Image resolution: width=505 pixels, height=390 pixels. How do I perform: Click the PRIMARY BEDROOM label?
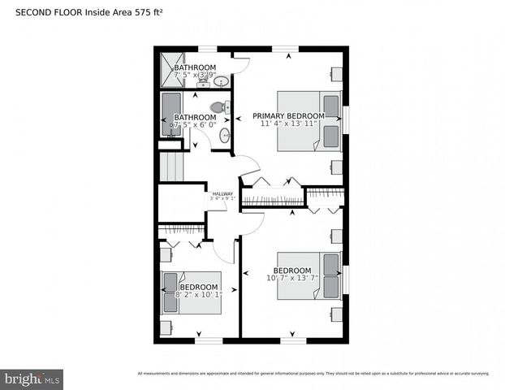(x=287, y=116)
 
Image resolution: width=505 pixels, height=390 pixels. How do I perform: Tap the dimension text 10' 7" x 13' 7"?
(x=291, y=279)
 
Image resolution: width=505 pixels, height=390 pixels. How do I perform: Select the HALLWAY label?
(x=222, y=193)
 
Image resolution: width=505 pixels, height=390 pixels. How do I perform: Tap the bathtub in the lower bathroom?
(x=171, y=113)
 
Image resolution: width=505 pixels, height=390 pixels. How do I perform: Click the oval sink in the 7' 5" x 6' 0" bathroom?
(x=224, y=136)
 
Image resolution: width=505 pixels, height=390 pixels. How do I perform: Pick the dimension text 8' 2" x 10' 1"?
(x=198, y=296)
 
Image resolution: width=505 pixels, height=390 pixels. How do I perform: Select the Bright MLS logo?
(x=32, y=379)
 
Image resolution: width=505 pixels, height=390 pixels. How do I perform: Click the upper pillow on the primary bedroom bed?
(x=331, y=106)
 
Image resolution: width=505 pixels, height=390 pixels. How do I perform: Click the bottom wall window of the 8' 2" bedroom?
(x=209, y=340)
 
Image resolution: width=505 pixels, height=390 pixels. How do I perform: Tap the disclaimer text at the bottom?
(x=313, y=374)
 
